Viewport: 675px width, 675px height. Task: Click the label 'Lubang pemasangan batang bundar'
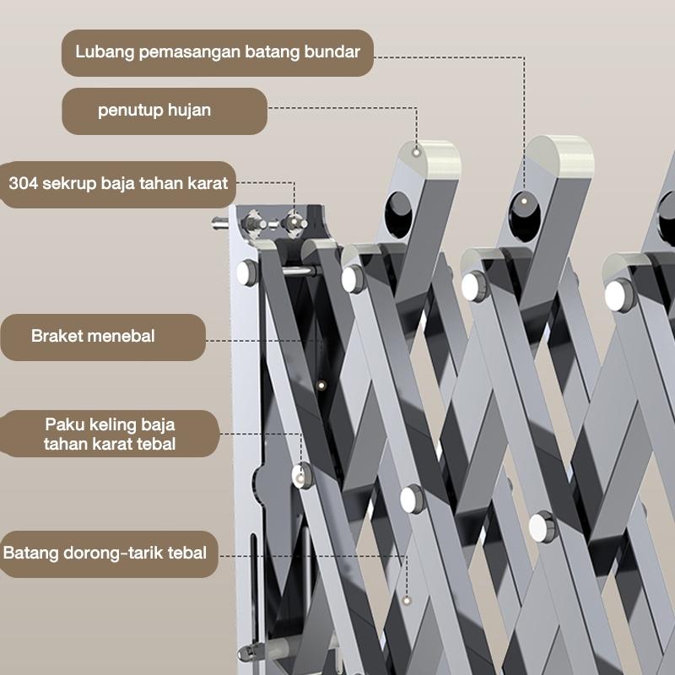point(218,52)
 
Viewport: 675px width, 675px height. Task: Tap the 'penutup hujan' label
point(165,111)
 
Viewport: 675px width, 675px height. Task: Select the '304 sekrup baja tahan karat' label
point(118,182)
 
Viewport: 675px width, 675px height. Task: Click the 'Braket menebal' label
point(102,336)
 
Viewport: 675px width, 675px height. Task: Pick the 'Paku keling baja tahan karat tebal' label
point(110,433)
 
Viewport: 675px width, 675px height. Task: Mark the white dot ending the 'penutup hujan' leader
point(418,152)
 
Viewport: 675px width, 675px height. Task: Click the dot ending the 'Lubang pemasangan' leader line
point(524,200)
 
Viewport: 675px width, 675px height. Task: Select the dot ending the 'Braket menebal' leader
point(321,385)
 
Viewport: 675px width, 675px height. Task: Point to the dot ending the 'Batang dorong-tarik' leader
point(407,600)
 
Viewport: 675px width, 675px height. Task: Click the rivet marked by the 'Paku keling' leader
point(301,474)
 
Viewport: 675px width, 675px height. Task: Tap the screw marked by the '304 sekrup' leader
point(294,222)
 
